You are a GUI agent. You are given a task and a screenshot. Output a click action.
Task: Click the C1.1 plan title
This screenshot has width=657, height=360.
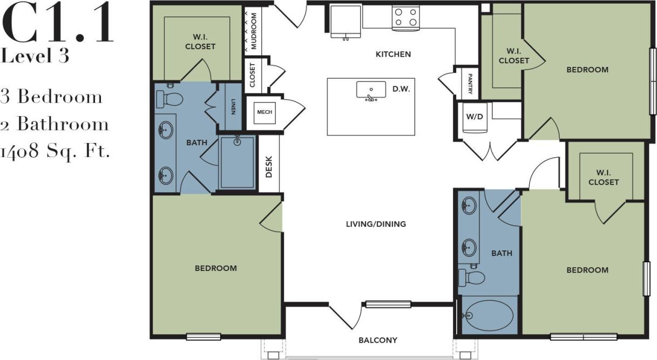(58, 24)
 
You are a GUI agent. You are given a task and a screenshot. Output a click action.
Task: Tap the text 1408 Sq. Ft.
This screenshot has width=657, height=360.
(55, 152)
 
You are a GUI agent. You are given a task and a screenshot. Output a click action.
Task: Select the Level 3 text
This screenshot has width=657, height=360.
(35, 56)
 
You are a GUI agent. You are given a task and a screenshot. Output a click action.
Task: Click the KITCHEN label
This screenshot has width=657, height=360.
(393, 54)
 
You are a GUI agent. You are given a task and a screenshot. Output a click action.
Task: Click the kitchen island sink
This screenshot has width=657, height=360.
(371, 91)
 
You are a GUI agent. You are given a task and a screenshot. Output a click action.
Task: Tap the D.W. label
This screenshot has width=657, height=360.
(402, 89)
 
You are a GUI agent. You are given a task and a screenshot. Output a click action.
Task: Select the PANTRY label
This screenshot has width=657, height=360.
(470, 84)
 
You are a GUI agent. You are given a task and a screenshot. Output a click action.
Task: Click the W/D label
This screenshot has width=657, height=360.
(475, 116)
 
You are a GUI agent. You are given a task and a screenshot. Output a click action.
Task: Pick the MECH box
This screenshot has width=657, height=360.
(264, 112)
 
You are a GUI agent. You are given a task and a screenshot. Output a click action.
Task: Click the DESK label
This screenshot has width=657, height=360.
(269, 167)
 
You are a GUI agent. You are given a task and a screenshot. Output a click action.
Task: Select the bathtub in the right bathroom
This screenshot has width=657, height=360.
(488, 315)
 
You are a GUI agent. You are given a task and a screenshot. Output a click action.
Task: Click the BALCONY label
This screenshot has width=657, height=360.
(378, 340)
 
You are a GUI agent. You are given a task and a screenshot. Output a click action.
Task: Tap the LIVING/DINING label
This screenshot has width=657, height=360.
(376, 224)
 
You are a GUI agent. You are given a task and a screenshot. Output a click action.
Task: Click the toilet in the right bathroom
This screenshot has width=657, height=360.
(471, 277)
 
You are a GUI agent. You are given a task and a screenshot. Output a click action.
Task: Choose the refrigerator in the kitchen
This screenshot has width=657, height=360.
(346, 22)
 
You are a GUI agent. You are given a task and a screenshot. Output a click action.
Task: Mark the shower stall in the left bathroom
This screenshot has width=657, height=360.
(237, 162)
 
